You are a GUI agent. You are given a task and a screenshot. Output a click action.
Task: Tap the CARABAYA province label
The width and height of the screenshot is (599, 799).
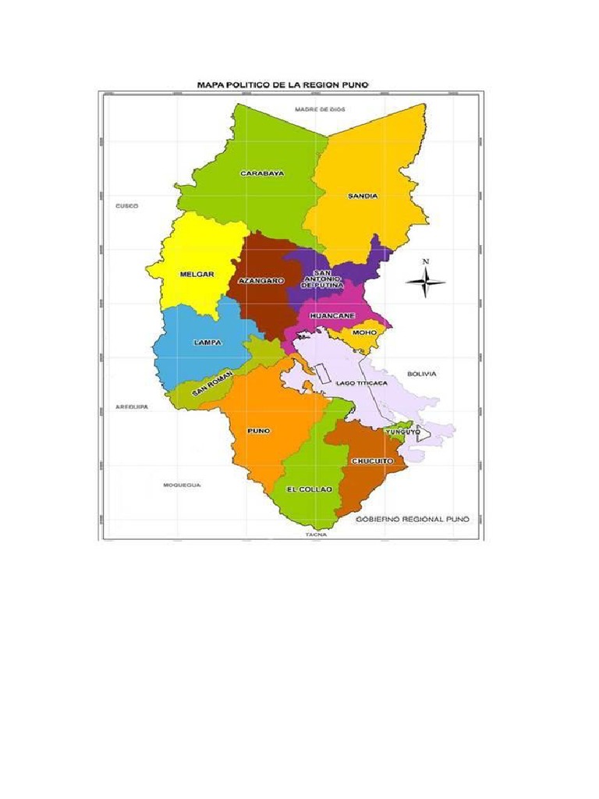coord(262,172)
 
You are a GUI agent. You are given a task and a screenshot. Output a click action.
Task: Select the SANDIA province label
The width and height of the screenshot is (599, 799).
coord(363,197)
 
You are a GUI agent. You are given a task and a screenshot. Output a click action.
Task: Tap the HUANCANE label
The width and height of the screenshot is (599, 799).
coord(332,315)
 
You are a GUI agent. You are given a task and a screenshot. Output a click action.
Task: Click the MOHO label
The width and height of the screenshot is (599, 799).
coord(364,332)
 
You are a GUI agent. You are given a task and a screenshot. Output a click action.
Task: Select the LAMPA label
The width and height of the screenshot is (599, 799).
coord(207,343)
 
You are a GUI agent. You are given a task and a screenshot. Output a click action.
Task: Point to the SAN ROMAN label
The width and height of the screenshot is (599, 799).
coord(207,387)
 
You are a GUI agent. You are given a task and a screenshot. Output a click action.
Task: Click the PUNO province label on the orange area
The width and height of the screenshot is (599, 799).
coord(258,431)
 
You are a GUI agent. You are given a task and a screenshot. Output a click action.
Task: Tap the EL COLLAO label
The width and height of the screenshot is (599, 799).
coord(310,489)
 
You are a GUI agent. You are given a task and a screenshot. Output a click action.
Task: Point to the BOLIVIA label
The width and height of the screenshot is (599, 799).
coord(422,374)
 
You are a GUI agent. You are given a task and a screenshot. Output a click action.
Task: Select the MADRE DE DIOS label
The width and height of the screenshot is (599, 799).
coord(320,110)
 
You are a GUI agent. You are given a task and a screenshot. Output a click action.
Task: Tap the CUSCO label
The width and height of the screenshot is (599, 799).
coord(126,206)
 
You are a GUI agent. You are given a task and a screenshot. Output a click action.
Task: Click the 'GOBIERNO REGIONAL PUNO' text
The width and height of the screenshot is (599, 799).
coord(410,518)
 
